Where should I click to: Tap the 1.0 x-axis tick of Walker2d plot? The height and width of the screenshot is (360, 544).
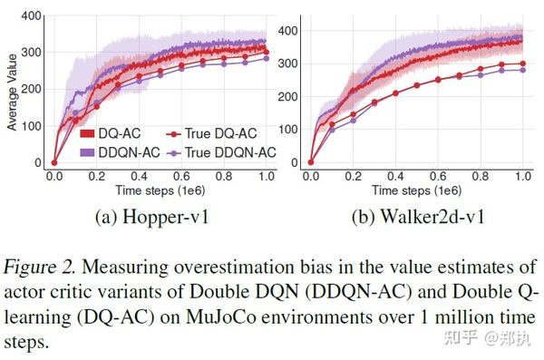[521, 176]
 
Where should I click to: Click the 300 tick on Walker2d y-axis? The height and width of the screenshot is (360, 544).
[290, 64]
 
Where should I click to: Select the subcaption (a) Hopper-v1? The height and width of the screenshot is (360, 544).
[154, 218]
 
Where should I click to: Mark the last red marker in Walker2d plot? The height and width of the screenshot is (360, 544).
[521, 63]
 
